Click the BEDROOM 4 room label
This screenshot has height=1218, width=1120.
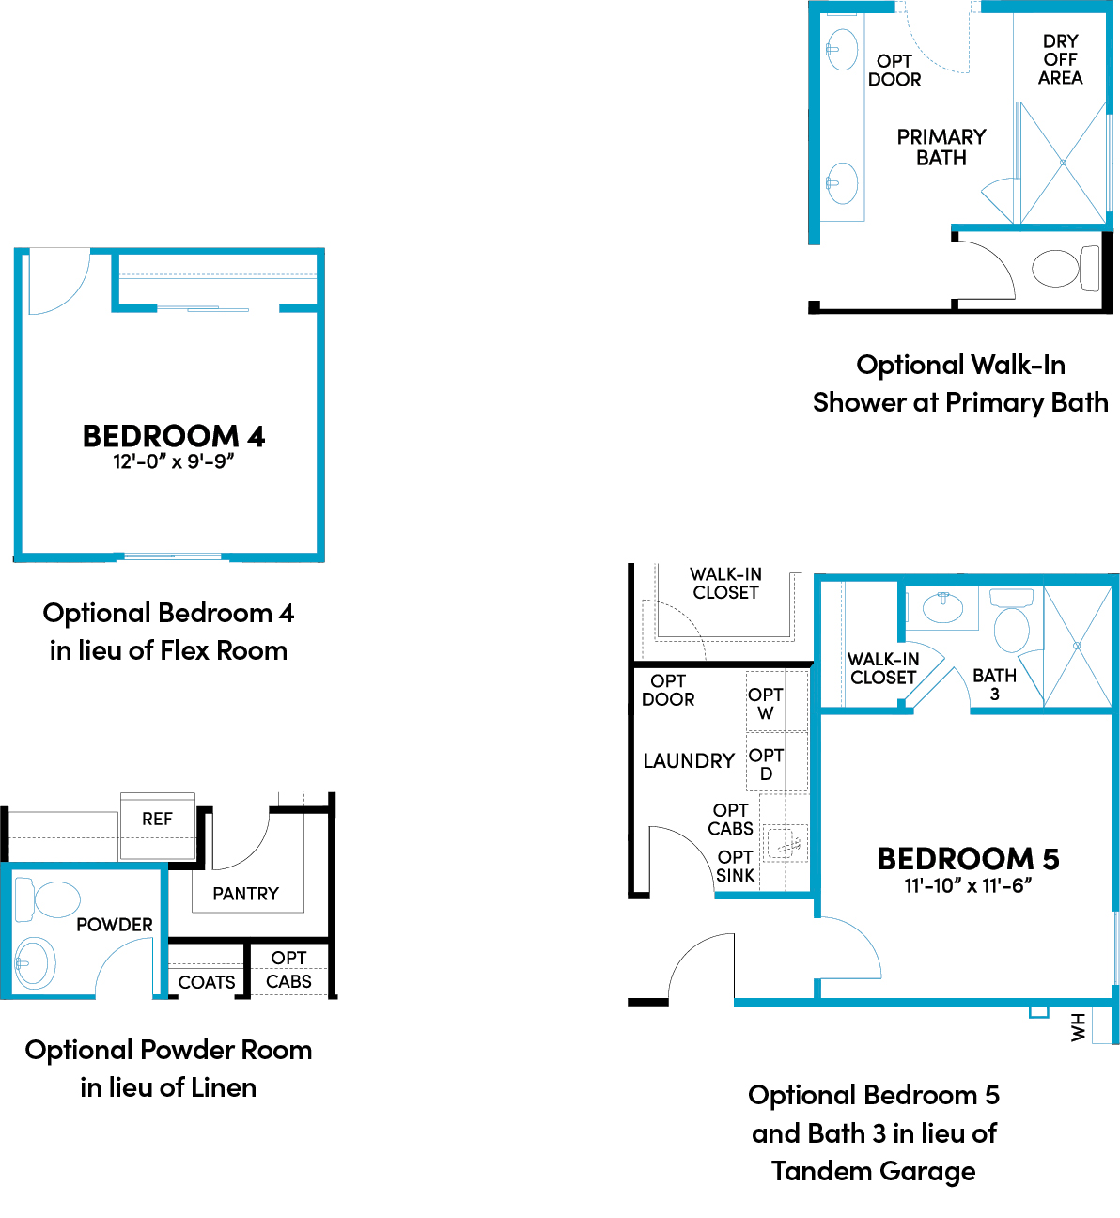click(174, 436)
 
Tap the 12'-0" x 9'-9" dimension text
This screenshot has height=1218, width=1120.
click(174, 461)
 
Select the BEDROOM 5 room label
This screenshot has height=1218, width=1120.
click(968, 859)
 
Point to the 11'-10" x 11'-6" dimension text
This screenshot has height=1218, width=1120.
click(968, 885)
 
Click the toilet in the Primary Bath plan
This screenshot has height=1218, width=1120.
click(1066, 269)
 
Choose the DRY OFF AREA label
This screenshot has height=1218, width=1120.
click(1061, 59)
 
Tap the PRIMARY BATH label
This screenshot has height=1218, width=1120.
click(941, 147)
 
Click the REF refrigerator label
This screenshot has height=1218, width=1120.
click(157, 820)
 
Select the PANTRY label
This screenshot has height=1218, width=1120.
click(246, 894)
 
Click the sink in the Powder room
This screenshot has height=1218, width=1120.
click(35, 963)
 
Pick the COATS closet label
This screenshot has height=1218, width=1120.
click(207, 982)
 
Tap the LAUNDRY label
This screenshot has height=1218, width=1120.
click(689, 761)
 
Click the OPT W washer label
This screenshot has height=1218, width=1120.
click(766, 704)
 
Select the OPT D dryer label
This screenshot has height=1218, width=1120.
click(766, 764)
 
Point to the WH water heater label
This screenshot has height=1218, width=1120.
click(1078, 1026)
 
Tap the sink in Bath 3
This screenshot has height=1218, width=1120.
click(942, 608)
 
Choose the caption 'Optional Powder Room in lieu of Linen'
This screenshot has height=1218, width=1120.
click(169, 1069)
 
